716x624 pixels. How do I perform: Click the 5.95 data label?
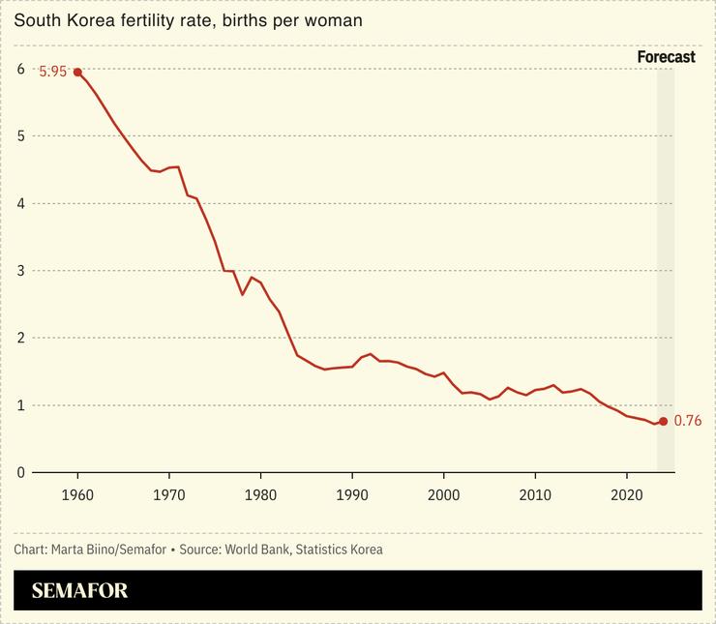pyautogui.click(x=52, y=72)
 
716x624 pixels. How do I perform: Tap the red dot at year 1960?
pyautogui.click(x=77, y=72)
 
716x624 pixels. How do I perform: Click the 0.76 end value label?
pyautogui.click(x=687, y=421)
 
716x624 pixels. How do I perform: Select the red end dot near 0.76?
pyautogui.click(x=663, y=421)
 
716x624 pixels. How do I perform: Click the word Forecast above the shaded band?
pyautogui.click(x=666, y=57)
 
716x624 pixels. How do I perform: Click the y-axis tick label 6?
pyautogui.click(x=20, y=69)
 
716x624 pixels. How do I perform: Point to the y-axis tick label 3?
pyautogui.click(x=20, y=271)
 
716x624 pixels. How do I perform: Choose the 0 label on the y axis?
pyautogui.click(x=20, y=472)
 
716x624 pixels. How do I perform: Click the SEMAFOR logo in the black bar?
pyautogui.click(x=79, y=590)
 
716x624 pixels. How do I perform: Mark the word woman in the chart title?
pyautogui.click(x=336, y=19)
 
